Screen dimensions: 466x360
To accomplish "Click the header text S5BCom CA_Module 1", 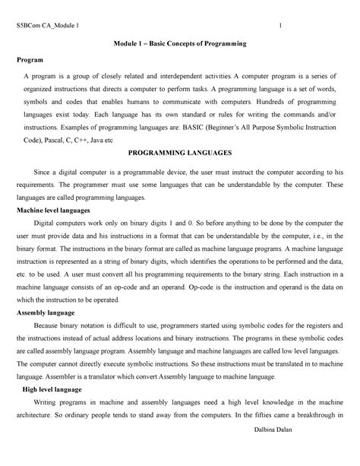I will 52,29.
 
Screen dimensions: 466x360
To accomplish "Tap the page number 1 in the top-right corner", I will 282,29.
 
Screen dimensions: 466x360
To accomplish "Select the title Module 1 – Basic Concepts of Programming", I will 179,47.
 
